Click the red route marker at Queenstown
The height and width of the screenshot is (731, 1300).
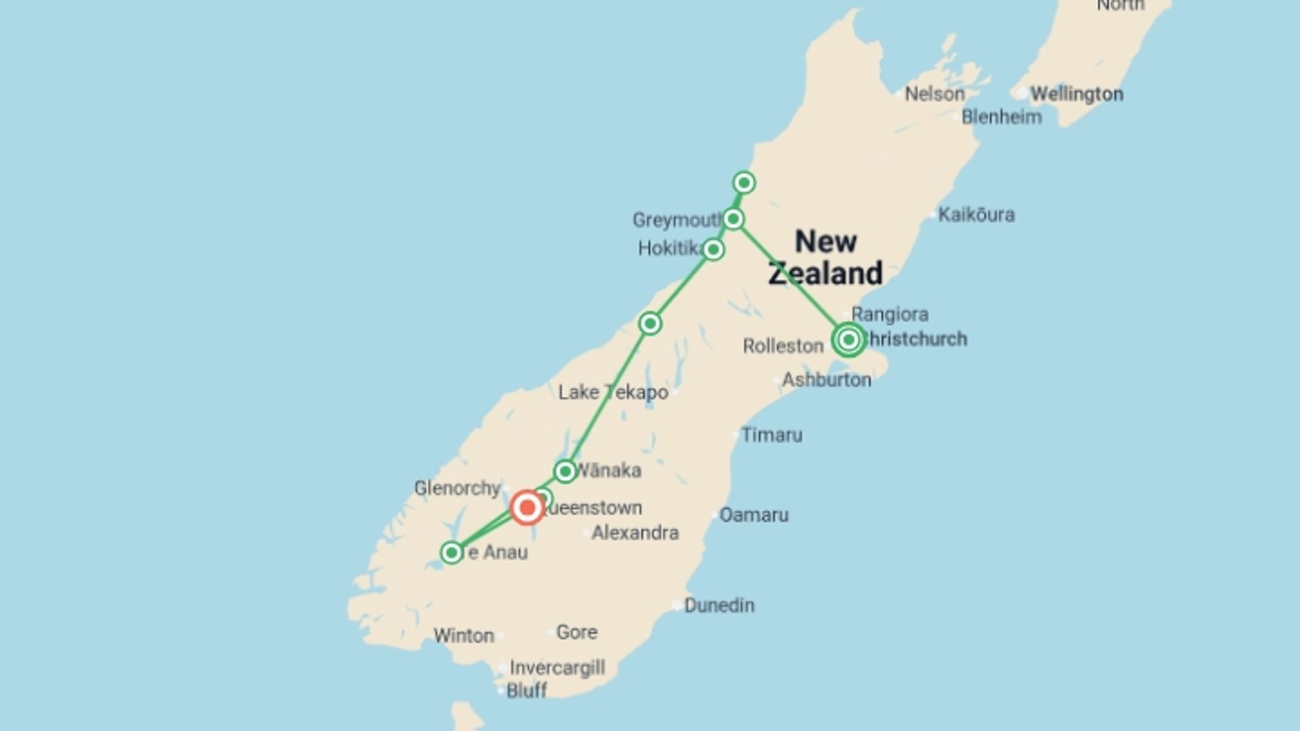tap(527, 508)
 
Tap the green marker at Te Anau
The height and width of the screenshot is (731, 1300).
tap(452, 552)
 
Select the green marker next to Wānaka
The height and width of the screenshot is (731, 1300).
tap(565, 471)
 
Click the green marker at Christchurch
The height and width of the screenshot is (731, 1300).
tap(849, 339)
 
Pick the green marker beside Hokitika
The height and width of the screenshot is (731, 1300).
tap(713, 250)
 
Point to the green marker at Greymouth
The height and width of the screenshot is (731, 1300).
tap(733, 219)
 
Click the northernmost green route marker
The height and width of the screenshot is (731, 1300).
tap(744, 183)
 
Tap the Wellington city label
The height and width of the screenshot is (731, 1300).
tap(1077, 94)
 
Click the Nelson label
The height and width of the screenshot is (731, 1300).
tap(934, 94)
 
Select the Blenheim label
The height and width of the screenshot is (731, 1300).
tap(1001, 117)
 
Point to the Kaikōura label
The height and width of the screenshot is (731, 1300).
tap(976, 215)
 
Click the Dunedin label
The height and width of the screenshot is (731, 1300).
tap(719, 605)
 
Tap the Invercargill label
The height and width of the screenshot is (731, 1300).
tap(557, 668)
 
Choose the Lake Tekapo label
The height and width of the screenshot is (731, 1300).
tap(613, 393)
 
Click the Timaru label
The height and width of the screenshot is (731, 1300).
tap(772, 435)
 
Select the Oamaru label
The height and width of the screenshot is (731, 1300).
tap(754, 515)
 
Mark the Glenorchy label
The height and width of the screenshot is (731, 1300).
tap(457, 488)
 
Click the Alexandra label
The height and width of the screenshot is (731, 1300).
tap(635, 533)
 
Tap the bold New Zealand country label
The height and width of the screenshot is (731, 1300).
tap(825, 258)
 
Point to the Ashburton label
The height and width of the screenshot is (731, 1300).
tap(827, 380)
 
